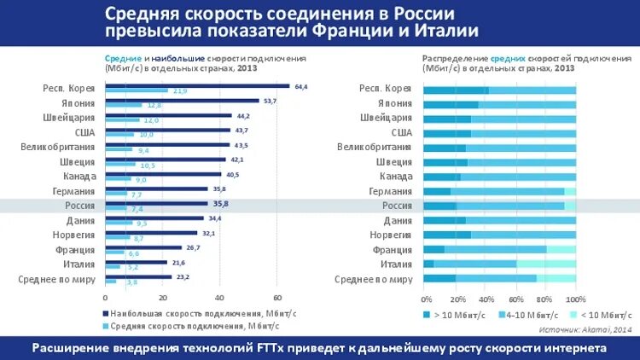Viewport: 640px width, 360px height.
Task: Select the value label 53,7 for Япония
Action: pos(271,101)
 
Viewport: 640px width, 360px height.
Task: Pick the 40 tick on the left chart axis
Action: pos(219,298)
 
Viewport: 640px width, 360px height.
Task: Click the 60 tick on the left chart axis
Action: pos(277,298)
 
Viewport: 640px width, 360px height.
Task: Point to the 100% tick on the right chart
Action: pos(575,299)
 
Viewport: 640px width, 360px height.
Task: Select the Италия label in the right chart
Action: pos(397,264)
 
